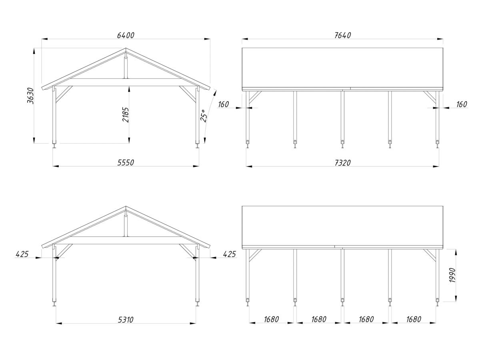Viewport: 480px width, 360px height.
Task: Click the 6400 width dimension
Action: point(126,35)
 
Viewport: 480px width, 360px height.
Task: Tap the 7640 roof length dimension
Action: point(342,35)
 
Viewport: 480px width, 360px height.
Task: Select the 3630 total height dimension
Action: point(31,96)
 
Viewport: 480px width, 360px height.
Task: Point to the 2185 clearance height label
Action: point(126,114)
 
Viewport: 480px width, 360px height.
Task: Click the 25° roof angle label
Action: point(203,116)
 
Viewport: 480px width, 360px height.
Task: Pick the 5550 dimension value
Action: point(126,163)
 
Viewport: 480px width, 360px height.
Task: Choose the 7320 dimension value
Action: point(342,163)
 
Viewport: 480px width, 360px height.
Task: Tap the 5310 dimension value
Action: point(126,320)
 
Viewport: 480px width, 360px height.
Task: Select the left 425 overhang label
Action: point(22,254)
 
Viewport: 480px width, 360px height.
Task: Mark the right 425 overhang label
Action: point(229,254)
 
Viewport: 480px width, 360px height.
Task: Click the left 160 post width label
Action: point(223,104)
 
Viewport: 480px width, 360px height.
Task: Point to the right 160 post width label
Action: point(462,104)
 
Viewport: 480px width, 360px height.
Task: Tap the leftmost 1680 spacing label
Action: point(271,320)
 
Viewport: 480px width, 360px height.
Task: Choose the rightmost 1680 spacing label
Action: point(414,320)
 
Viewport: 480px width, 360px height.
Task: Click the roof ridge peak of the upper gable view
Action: point(126,48)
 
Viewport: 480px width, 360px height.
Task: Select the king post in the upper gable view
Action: point(126,66)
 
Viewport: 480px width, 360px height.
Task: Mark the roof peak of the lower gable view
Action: point(126,206)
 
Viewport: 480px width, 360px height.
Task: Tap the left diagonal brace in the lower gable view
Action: point(64,252)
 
